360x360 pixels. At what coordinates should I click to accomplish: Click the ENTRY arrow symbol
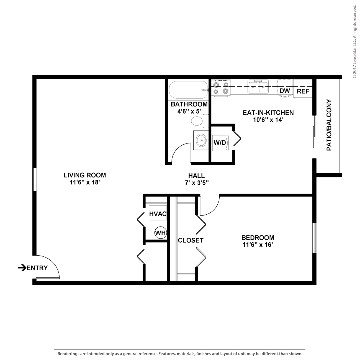click(22, 268)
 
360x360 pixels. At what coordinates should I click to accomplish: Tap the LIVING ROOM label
click(85, 175)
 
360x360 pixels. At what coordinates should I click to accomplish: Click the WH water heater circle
click(161, 233)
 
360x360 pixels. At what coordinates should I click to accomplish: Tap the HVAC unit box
click(158, 213)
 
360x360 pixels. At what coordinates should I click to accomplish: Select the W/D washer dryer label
click(220, 143)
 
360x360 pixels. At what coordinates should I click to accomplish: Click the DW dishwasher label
click(284, 91)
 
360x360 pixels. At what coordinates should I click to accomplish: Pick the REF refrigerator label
click(303, 91)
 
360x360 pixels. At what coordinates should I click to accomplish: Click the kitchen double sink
click(258, 86)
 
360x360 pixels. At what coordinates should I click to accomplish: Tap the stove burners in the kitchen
click(221, 88)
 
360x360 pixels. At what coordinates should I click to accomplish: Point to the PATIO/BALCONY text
click(329, 125)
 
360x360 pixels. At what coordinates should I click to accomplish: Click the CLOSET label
click(191, 240)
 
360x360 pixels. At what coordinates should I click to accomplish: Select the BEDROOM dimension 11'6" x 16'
click(258, 245)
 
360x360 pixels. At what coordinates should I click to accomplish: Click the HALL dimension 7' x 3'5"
click(197, 182)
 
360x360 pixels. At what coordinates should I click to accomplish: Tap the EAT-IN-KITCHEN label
click(268, 113)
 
